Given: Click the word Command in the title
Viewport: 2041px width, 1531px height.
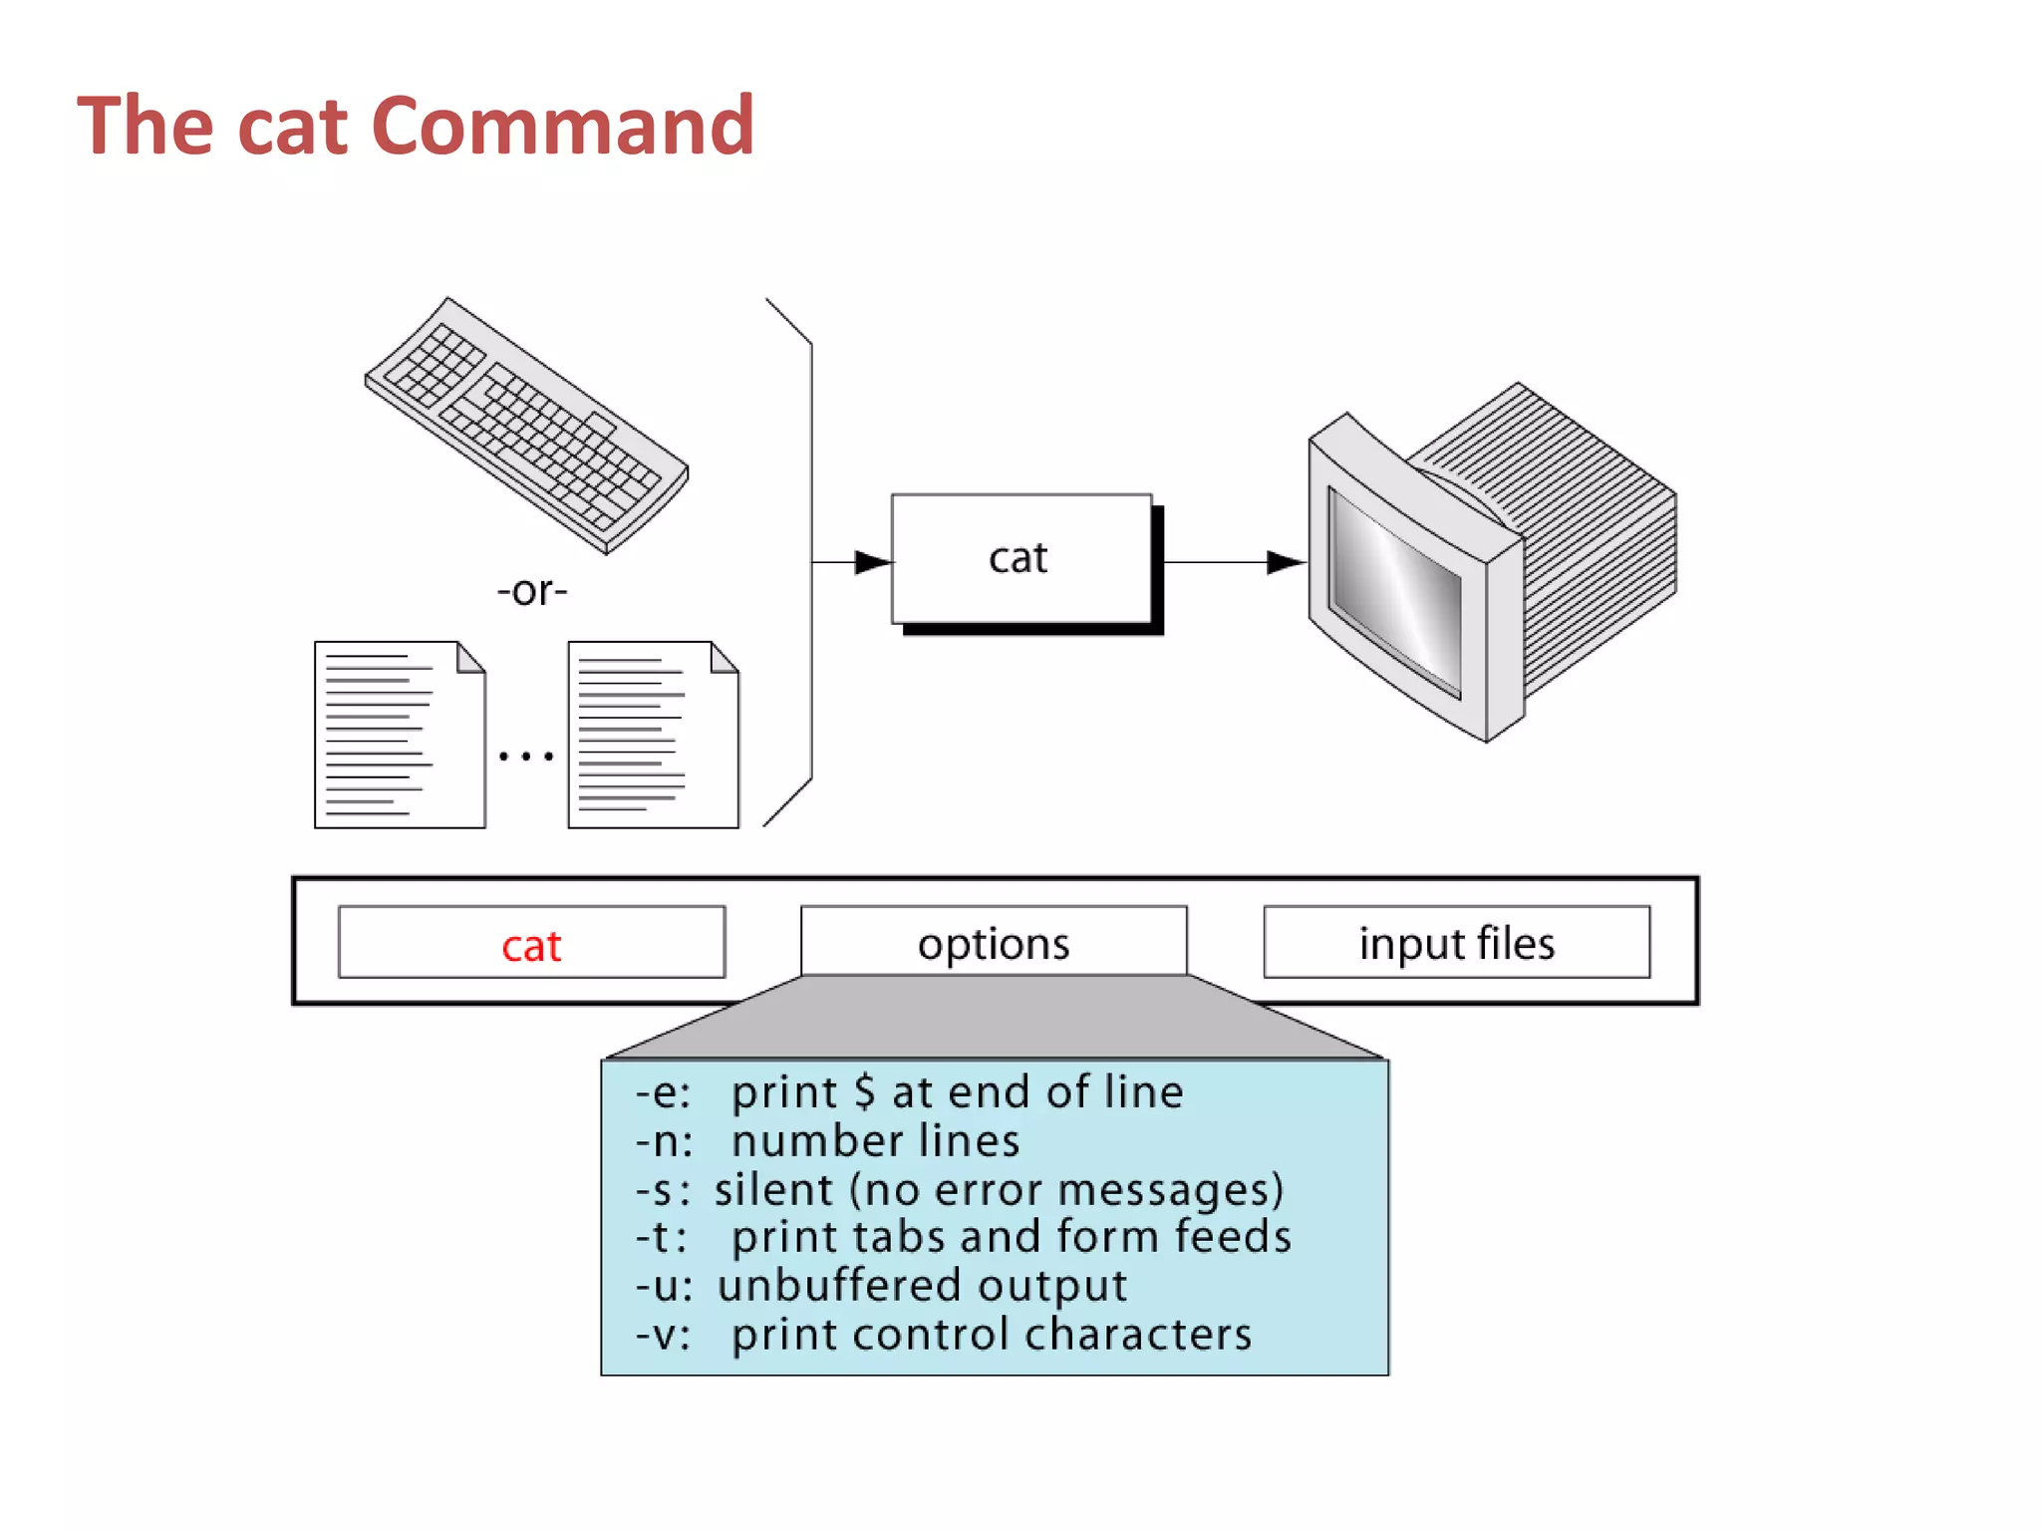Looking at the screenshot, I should tap(563, 127).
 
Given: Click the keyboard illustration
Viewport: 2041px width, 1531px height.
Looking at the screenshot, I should tap(526, 426).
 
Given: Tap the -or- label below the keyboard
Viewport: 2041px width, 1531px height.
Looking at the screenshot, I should tap(532, 591).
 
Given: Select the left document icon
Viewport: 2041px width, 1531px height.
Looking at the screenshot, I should tap(400, 735).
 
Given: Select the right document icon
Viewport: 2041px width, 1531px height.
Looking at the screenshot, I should tap(653, 735).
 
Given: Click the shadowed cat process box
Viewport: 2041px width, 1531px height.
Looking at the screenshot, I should tap(1021, 559).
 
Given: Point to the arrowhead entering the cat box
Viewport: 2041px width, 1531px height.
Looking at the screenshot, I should tap(873, 562).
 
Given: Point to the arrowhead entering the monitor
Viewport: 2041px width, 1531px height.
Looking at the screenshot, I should tap(1285, 562).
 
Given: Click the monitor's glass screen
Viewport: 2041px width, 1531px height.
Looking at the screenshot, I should tap(1395, 593).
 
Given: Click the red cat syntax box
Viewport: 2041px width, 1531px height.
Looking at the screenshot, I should tap(531, 943).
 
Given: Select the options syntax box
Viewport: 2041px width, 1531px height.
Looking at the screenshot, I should tap(994, 942).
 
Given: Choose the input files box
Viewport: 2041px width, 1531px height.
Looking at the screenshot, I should tap(1456, 942).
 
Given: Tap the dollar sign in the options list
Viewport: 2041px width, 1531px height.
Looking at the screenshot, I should tap(864, 1092).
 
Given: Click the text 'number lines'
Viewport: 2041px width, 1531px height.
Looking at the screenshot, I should tap(875, 1141).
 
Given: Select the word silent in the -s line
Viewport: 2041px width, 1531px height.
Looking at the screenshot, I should tap(773, 1190).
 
